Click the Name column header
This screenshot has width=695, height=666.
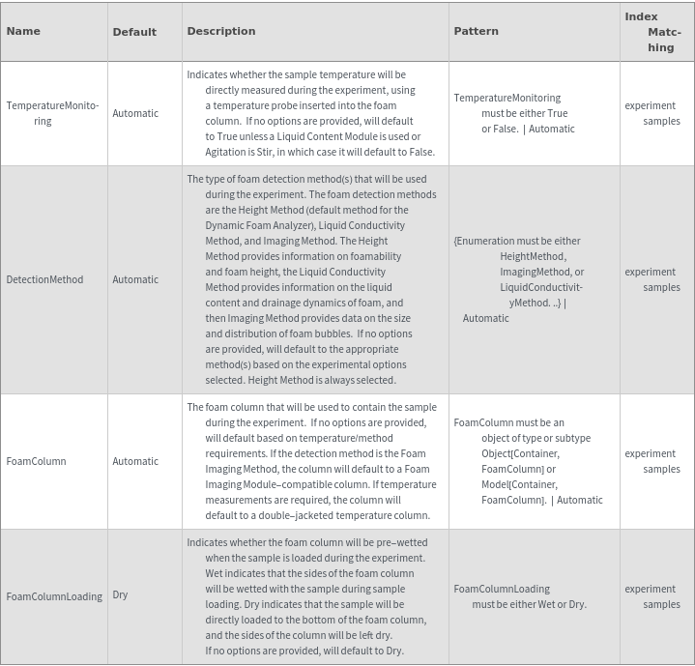(x=23, y=31)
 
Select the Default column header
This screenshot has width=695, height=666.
(x=134, y=32)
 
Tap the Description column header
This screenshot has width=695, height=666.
(x=221, y=31)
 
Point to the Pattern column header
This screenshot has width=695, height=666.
(x=476, y=31)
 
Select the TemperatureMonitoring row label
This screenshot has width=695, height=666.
(x=52, y=113)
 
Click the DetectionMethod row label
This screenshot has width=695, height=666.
(x=44, y=279)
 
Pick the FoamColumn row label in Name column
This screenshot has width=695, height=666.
(x=36, y=461)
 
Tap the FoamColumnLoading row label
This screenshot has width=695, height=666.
(x=54, y=596)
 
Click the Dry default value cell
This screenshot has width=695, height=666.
(x=120, y=594)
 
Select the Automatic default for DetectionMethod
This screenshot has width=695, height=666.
(x=135, y=279)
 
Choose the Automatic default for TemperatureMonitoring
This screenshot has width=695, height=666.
(x=135, y=113)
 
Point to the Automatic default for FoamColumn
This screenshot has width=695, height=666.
(x=135, y=461)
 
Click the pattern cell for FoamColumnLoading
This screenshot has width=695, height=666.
(x=520, y=596)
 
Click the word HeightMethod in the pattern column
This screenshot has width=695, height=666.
(x=533, y=256)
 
